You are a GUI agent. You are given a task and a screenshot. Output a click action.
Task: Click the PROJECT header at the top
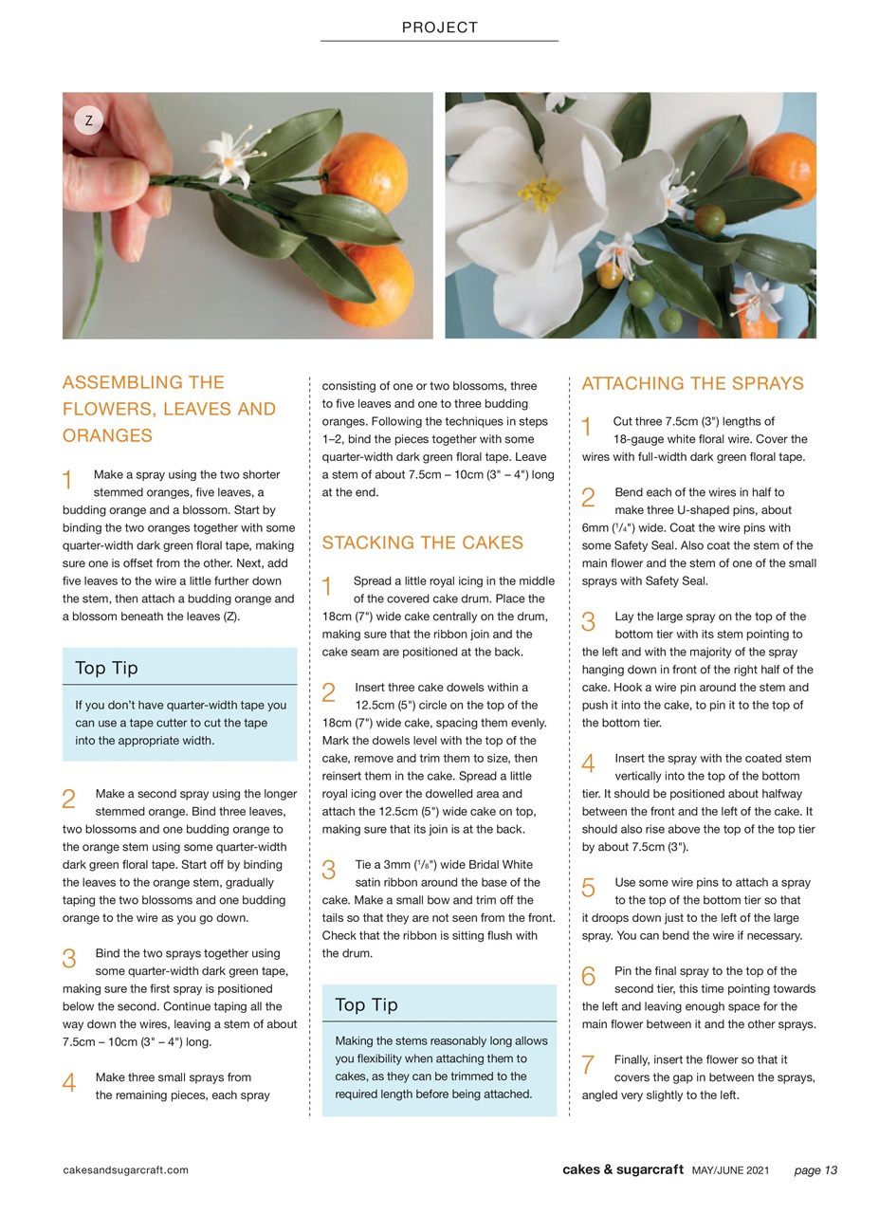[x=439, y=28]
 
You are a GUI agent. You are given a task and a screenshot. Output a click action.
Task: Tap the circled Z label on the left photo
[x=88, y=120]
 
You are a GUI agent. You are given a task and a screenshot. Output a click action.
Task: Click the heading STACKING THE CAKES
[x=422, y=543]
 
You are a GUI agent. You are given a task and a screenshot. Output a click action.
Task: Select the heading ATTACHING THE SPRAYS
[x=692, y=383]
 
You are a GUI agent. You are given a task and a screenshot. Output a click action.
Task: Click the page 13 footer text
[x=815, y=1169]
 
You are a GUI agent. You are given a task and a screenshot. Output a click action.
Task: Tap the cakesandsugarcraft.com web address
[x=125, y=1169]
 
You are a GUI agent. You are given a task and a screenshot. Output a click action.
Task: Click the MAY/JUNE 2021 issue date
[x=730, y=1169]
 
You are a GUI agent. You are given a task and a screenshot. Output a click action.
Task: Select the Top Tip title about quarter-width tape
[x=106, y=668]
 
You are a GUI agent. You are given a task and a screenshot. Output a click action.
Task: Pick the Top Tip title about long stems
[x=366, y=1004]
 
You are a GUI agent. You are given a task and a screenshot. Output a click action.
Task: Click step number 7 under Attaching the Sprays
[x=588, y=1064]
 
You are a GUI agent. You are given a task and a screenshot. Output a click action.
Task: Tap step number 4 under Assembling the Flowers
[x=68, y=1082]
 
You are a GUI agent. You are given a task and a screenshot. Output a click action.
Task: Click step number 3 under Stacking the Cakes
[x=329, y=870]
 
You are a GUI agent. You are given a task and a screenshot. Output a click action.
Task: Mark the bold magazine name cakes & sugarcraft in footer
[x=622, y=1169]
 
